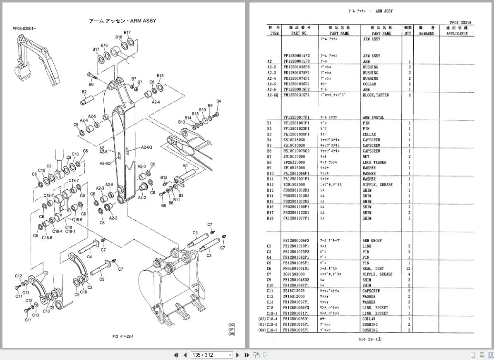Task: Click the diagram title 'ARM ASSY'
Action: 122,21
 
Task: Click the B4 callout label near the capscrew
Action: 218,101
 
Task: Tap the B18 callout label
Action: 160,76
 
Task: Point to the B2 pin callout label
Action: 84,92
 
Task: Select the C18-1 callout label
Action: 70,231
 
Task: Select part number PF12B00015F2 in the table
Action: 296,62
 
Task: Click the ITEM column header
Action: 274,33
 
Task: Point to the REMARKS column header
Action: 426,33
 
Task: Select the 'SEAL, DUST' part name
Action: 373,269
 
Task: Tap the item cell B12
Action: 270,185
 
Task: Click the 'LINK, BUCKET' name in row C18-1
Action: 375,313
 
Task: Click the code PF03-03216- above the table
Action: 462,23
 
